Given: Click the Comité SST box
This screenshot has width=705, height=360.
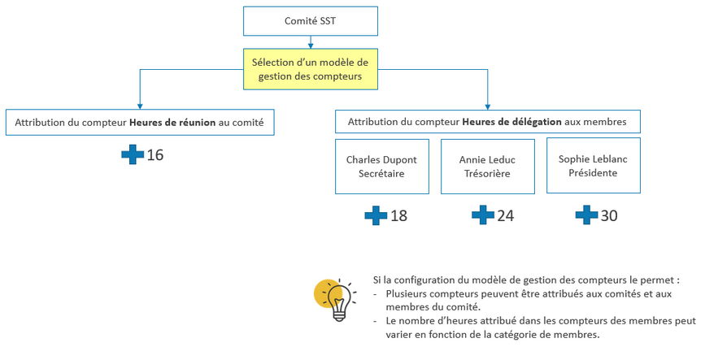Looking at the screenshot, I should pyautogui.click(x=311, y=21).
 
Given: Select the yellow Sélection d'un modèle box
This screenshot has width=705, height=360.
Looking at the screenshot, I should pyautogui.click(x=311, y=69).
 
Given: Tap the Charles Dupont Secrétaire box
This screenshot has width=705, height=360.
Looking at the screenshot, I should pyautogui.click(x=381, y=166).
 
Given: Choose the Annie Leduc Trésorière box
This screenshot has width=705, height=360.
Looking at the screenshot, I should pyautogui.click(x=487, y=166).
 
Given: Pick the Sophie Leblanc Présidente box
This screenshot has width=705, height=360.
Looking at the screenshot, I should pyautogui.click(x=593, y=165).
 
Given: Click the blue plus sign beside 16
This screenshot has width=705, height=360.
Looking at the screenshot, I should pyautogui.click(x=133, y=154).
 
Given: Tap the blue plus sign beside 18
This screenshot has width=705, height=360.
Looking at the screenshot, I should pyautogui.click(x=376, y=215).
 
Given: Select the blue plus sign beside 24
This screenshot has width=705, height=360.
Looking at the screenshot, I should pyautogui.click(x=483, y=215).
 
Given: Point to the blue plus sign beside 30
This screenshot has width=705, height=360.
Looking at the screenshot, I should pyautogui.click(x=586, y=215).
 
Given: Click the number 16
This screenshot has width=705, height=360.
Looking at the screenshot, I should pyautogui.click(x=155, y=154).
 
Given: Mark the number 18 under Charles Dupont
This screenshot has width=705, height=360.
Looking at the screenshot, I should pyautogui.click(x=398, y=215).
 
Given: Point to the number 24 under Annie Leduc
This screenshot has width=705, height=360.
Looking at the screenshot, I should pyautogui.click(x=505, y=215).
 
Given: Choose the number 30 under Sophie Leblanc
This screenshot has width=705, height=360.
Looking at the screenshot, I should pyautogui.click(x=609, y=215).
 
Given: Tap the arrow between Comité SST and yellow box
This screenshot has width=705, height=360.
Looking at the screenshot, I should pyautogui.click(x=311, y=41).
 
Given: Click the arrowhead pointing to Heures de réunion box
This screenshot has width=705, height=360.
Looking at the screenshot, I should pyautogui.click(x=140, y=105).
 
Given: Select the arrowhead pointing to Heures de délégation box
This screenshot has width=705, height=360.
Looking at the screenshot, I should pyautogui.click(x=488, y=105).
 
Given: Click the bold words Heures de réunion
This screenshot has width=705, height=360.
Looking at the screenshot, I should pyautogui.click(x=172, y=122).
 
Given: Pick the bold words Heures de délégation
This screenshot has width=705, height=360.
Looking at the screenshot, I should pyautogui.click(x=511, y=122).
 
